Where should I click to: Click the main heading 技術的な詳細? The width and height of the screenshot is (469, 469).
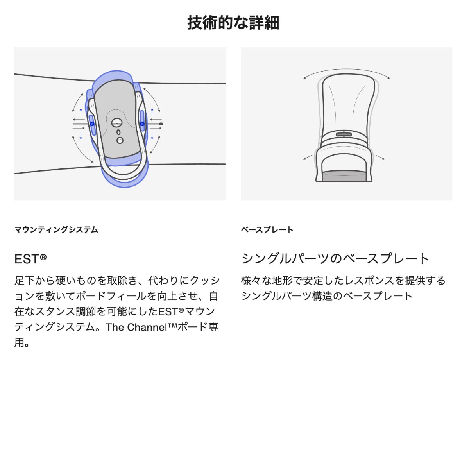[x=233, y=23]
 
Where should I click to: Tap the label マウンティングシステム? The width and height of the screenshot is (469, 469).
[x=56, y=229]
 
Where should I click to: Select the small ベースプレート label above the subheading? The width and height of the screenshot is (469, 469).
[x=267, y=229]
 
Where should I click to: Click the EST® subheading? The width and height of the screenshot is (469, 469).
[x=30, y=259]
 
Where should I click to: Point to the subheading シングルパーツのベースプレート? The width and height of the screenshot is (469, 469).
[x=335, y=258]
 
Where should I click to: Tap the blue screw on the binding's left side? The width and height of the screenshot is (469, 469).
[x=92, y=124]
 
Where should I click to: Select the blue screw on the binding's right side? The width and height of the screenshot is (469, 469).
[x=142, y=124]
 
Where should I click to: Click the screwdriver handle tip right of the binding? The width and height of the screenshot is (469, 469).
[x=161, y=124]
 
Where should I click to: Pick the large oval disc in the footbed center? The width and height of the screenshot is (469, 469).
[x=117, y=123]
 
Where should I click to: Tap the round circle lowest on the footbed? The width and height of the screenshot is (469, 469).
[x=120, y=140]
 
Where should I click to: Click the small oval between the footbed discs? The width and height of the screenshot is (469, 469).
[x=118, y=132]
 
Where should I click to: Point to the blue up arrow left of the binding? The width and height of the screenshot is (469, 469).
[x=81, y=112]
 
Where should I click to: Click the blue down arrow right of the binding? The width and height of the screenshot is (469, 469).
[x=152, y=136]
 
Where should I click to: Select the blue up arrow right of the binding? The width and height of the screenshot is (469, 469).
[x=152, y=112]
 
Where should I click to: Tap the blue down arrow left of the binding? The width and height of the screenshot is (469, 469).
[x=81, y=136]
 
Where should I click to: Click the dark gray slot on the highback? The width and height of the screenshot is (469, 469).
[x=344, y=134]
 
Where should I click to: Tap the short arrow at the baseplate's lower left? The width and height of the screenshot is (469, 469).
[x=308, y=157]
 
